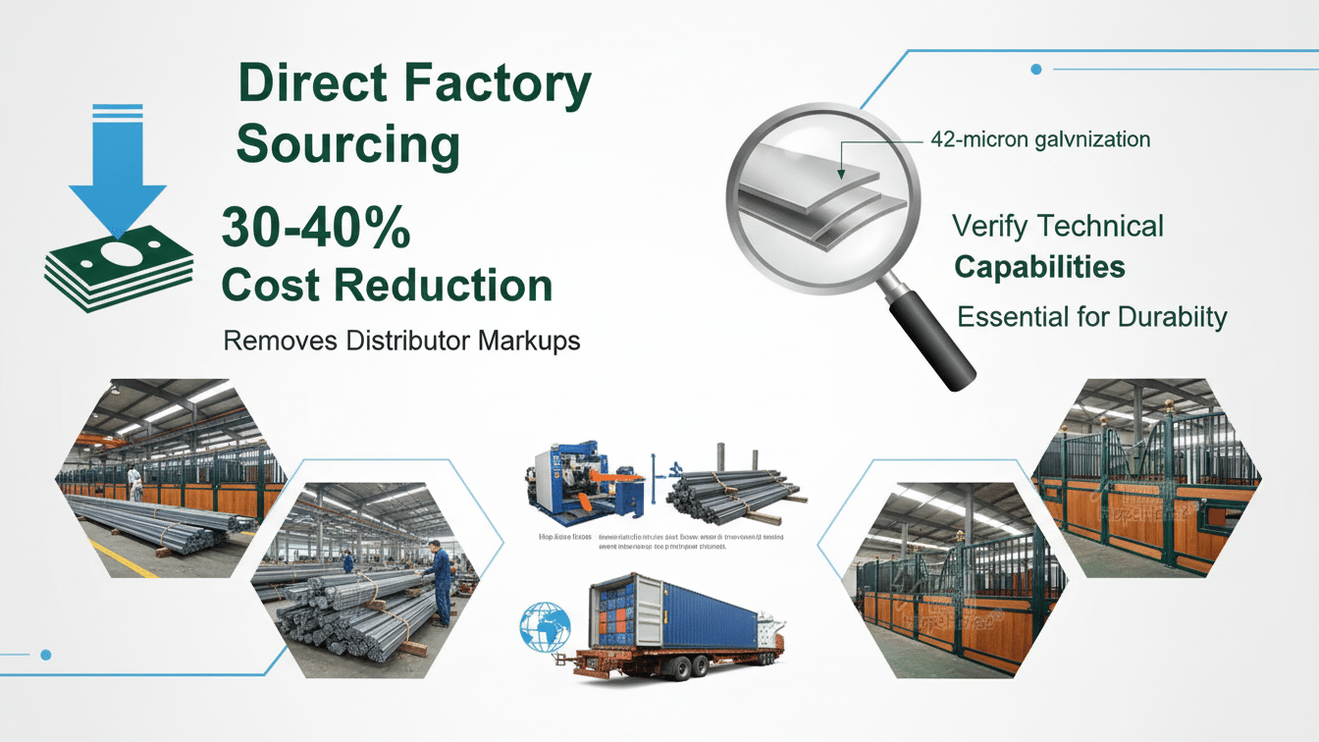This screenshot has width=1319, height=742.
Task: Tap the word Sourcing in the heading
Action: [348, 145]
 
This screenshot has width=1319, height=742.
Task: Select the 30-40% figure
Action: [316, 229]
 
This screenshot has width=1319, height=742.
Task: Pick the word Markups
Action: [529, 342]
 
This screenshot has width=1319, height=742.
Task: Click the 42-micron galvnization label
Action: [1039, 139]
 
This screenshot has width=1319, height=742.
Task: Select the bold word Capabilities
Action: [1039, 267]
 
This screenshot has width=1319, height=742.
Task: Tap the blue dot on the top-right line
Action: [1036, 69]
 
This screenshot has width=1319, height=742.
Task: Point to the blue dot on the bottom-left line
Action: [45, 654]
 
